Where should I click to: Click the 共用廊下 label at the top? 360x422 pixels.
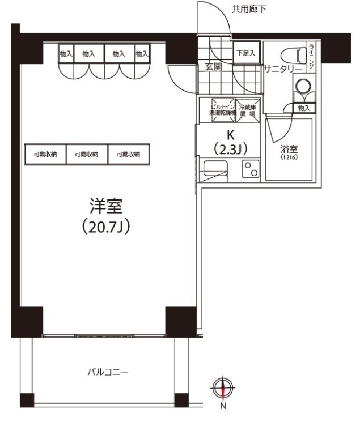[x=249, y=8]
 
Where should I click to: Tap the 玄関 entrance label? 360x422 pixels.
[x=213, y=67]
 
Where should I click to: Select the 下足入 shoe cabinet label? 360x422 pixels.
[x=245, y=53]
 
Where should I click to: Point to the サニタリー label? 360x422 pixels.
[x=282, y=69]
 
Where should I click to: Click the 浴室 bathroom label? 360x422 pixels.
[x=289, y=150]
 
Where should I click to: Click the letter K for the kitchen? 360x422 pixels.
[x=230, y=135]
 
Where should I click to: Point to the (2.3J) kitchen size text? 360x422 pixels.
[x=230, y=148]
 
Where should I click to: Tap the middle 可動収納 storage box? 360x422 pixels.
[x=87, y=154]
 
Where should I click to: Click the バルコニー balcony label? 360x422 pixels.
[x=108, y=372]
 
